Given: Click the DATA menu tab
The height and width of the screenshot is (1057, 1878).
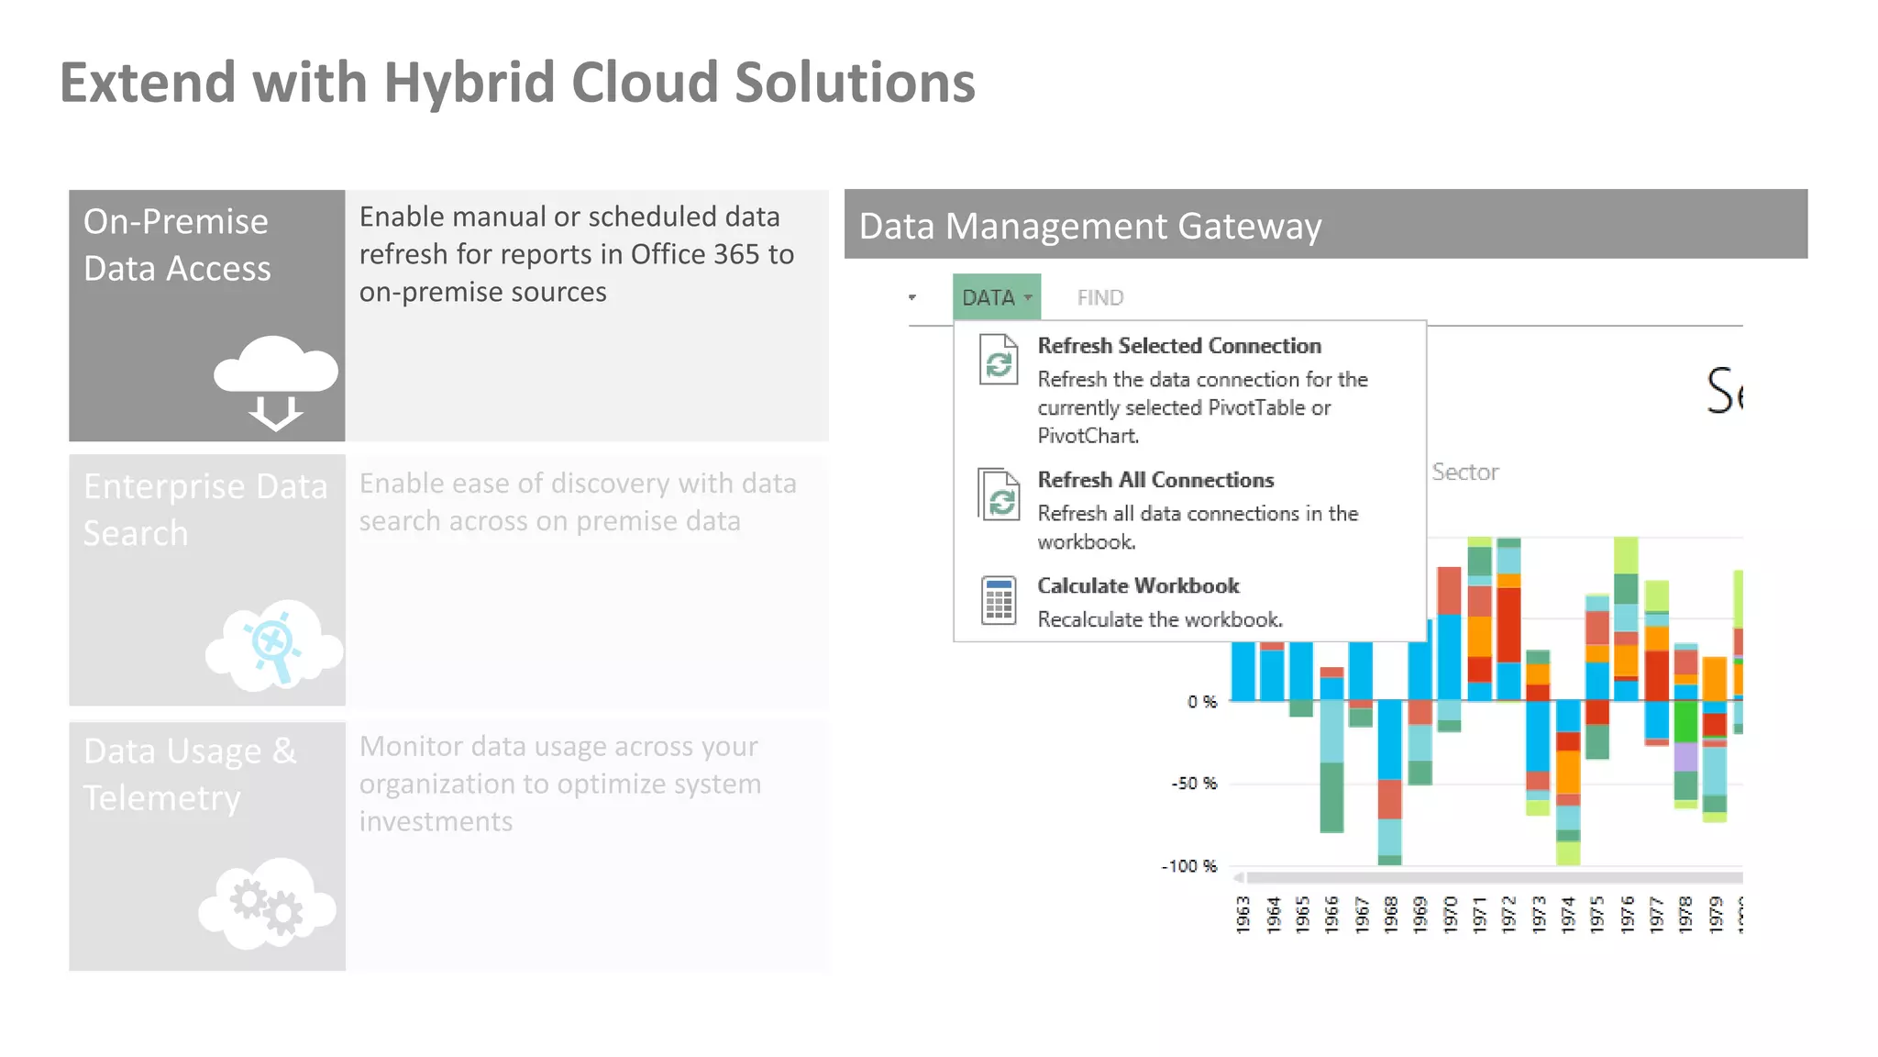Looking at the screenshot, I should [996, 297].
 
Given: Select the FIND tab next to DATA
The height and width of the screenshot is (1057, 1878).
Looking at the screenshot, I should [1099, 297].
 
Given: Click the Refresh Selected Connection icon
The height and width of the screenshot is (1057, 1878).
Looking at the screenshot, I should [999, 361].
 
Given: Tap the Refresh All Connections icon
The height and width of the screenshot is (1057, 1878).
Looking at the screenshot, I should [999, 495].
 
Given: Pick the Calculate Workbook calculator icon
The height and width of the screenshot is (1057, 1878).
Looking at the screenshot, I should [999, 601].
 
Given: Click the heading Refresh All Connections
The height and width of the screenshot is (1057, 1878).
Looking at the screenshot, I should [1155, 480].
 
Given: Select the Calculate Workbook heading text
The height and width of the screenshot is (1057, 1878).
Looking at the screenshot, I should [1138, 585].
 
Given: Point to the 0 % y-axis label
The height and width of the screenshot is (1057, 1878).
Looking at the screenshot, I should [1202, 702].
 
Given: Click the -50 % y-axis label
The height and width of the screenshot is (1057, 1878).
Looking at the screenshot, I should [1194, 784].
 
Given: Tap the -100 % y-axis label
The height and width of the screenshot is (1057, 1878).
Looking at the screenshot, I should [1189, 866].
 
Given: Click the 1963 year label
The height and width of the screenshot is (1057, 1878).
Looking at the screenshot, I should [1243, 915].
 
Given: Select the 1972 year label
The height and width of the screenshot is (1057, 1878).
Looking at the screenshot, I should [1508, 915].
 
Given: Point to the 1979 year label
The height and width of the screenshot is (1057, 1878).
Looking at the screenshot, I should [1715, 915].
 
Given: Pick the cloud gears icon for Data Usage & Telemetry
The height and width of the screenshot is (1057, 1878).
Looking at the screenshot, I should [267, 904].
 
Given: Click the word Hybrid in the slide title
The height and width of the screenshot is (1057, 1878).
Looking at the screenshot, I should [469, 83].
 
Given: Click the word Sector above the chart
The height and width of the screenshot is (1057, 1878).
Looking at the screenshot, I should [1464, 472].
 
